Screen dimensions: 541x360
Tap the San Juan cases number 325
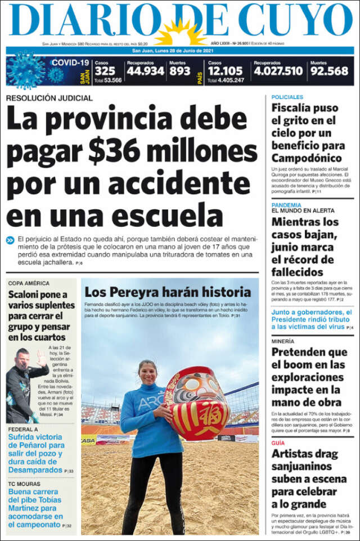[105, 71]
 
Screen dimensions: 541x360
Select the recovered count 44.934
[145, 71]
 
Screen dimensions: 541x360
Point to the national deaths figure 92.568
[329, 71]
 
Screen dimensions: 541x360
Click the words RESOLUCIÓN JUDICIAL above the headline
[49, 98]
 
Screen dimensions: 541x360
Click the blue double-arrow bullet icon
[10, 240]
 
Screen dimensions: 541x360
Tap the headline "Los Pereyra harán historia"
[167, 292]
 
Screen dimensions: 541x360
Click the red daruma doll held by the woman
[197, 403]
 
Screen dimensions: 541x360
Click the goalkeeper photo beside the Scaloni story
[26, 384]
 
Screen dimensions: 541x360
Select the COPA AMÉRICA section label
[29, 283]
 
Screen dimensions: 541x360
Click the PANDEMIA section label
[286, 205]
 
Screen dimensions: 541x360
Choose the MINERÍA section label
[282, 341]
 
